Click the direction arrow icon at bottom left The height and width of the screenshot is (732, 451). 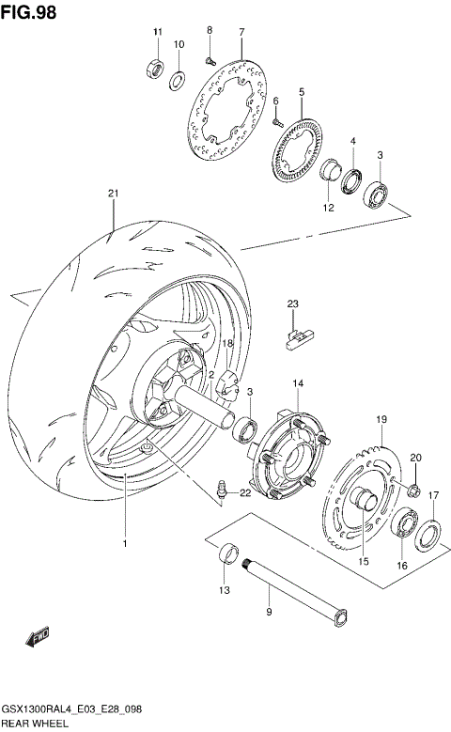[x=37, y=639]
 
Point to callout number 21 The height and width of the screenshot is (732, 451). [x=113, y=194]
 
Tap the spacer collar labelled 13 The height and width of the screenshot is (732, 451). [x=225, y=556]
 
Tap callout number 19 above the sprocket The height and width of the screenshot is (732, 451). [x=381, y=419]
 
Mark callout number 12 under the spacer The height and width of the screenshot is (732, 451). [x=329, y=208]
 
